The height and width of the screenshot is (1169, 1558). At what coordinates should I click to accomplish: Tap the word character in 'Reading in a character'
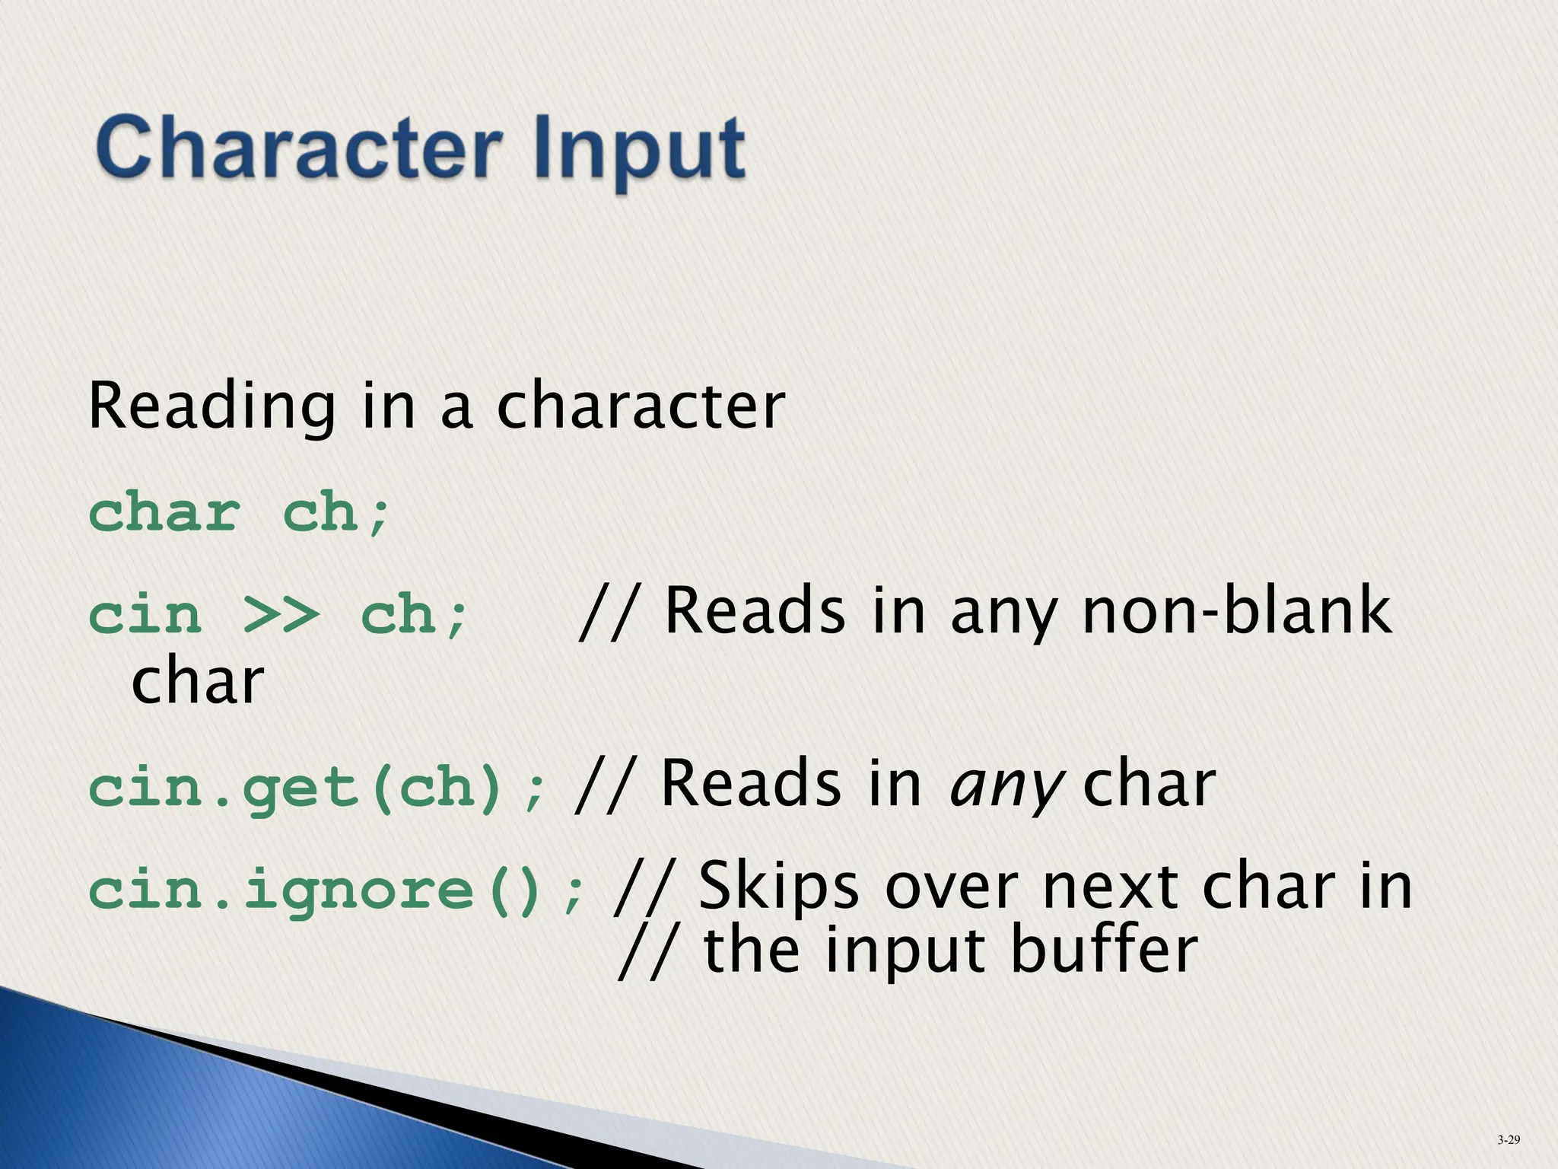[x=641, y=407]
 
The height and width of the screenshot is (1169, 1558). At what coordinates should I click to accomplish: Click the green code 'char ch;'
[x=240, y=514]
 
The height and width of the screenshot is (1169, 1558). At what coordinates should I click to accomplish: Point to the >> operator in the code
[x=281, y=616]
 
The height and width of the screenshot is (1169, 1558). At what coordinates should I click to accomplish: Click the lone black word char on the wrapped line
[x=197, y=681]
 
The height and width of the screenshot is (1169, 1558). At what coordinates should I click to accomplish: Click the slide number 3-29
[x=1509, y=1139]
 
